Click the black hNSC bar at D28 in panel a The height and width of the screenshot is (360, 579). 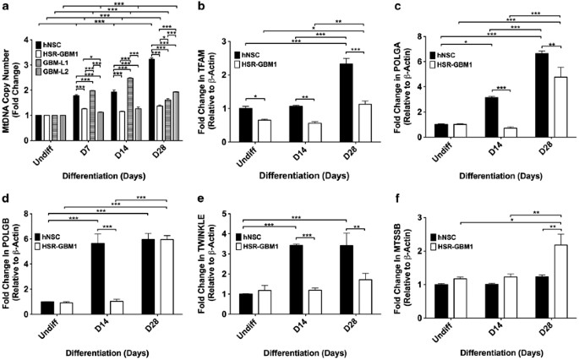[152, 100]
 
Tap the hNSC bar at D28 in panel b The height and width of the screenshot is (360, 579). [346, 102]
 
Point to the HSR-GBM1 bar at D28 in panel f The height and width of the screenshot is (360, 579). [553, 281]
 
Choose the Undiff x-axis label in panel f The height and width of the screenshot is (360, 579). [441, 331]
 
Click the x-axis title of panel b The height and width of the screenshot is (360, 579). [303, 176]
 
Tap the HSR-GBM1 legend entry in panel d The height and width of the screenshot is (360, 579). [56, 246]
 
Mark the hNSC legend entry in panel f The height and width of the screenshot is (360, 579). [443, 237]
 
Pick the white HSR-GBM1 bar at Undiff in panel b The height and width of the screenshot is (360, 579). [265, 131]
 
